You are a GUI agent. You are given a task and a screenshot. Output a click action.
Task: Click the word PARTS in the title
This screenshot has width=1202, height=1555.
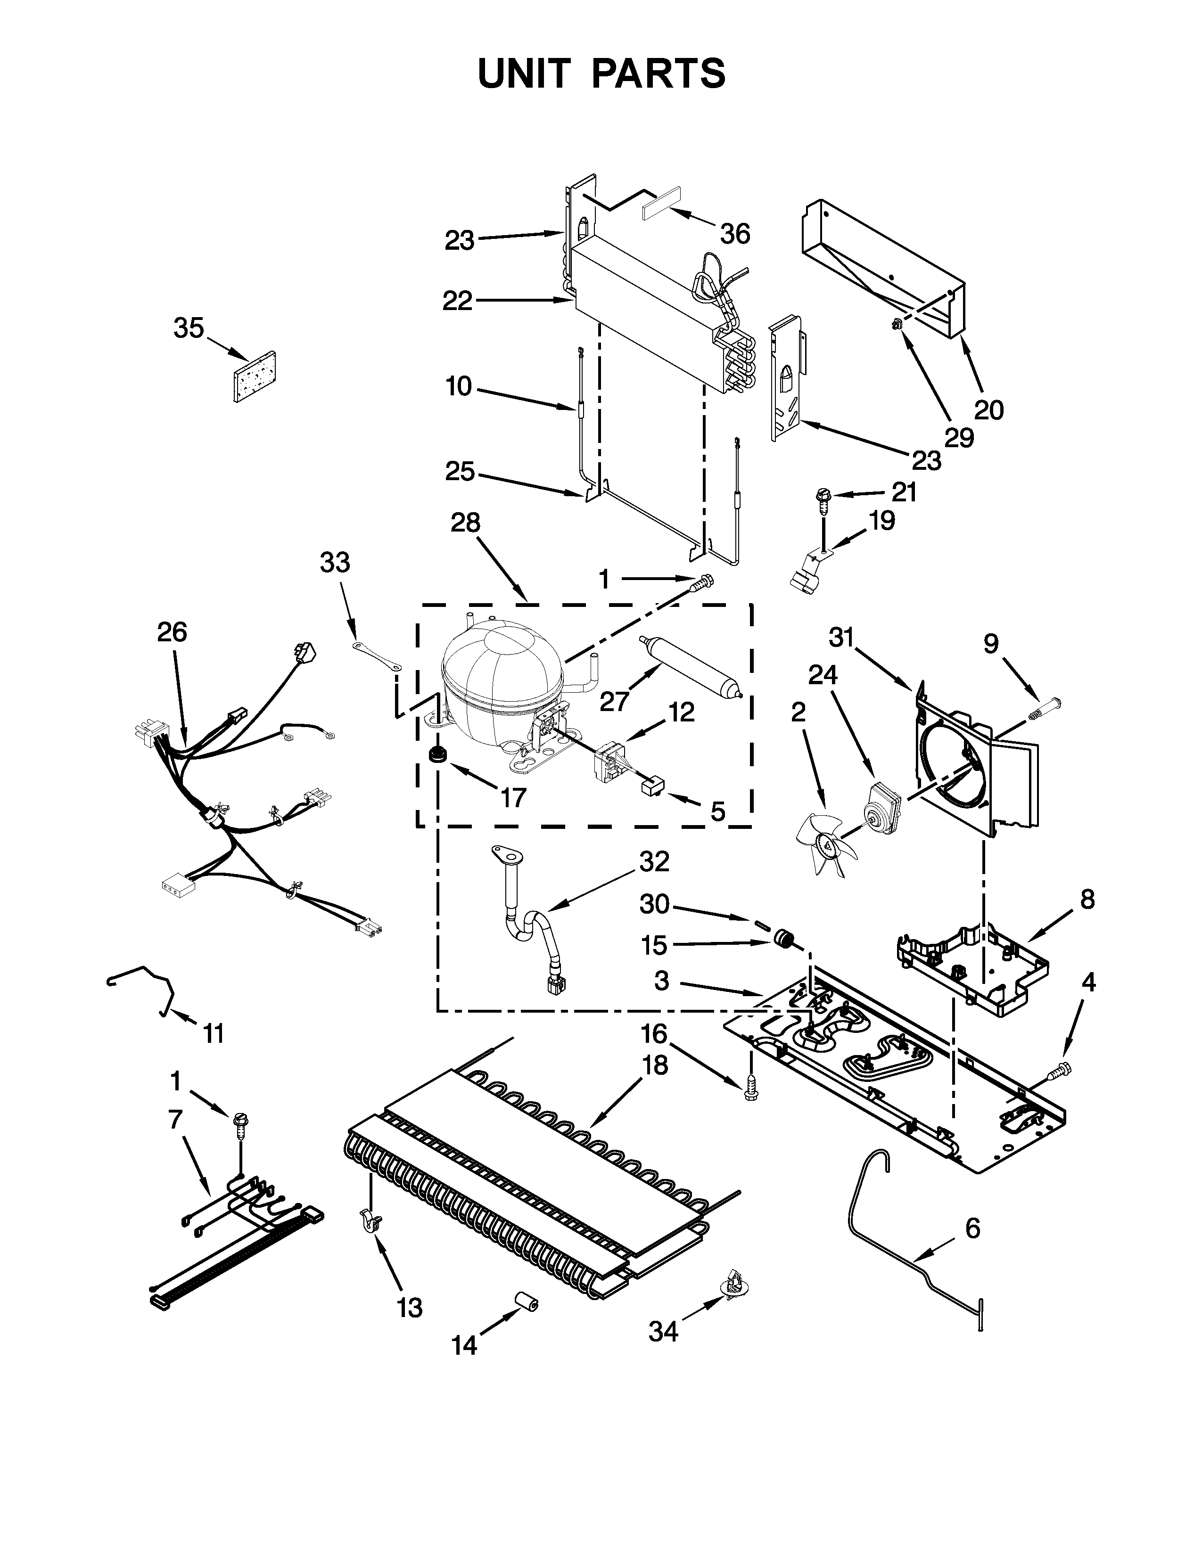tap(659, 74)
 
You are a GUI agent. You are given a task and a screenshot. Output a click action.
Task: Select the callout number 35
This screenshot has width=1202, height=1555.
tap(189, 328)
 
